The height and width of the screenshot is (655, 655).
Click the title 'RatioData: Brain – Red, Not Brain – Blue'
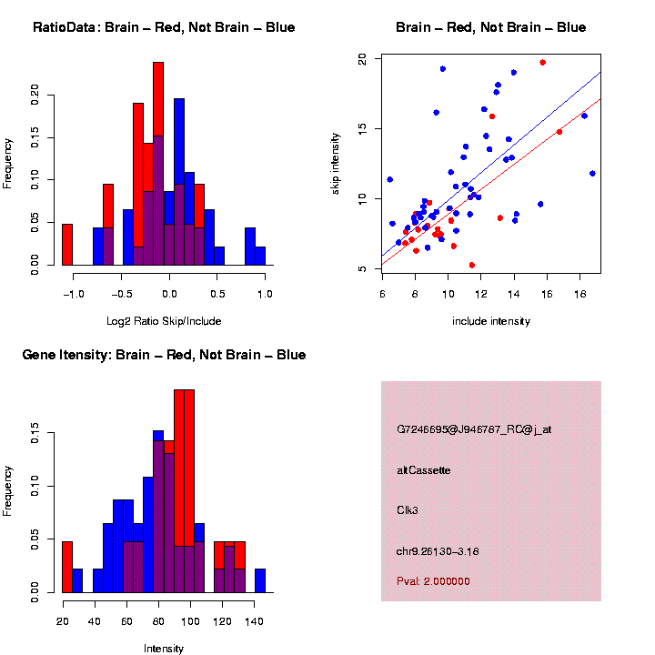coord(164,27)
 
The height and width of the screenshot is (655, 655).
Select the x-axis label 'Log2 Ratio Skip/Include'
coord(164,321)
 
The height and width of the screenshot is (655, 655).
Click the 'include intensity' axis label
coord(491,321)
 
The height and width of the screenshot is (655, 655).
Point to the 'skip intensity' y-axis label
coord(335,164)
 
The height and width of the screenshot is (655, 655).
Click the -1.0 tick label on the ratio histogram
coord(74,294)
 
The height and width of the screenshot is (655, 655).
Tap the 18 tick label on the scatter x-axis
coord(579,294)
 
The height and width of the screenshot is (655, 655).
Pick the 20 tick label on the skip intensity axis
coord(362,59)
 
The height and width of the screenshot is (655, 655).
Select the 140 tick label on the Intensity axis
coord(254,621)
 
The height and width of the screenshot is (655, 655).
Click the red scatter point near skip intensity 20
coord(542,63)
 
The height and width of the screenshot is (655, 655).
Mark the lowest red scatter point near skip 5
coord(472,266)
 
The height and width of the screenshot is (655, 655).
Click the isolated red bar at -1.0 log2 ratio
coord(67,245)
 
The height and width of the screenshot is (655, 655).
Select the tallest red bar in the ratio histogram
coord(158,99)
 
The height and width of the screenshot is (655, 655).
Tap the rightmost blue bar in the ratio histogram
coord(260,256)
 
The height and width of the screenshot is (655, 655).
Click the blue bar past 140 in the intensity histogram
coord(260,580)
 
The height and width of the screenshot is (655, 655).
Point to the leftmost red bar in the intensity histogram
coord(67,568)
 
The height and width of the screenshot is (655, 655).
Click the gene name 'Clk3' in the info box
coord(408,510)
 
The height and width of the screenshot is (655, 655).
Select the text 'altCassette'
coord(424,470)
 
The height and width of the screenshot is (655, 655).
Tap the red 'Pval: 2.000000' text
coord(433,581)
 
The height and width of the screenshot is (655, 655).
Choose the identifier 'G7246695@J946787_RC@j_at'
coord(474,429)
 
